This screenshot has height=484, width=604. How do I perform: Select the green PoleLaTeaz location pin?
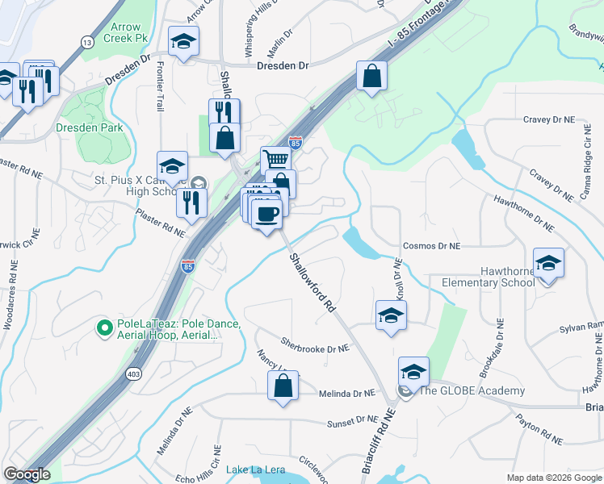coord(103,328)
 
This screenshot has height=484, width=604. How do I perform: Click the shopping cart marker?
coord(275,160)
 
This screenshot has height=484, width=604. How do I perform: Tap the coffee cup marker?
coord(266,215)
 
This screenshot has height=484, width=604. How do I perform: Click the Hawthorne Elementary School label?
coord(488,277)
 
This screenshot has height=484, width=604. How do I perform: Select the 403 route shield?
coord(133,374)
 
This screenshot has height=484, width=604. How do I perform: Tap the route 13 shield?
coord(86,42)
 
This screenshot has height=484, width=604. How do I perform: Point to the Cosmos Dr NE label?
coord(430,245)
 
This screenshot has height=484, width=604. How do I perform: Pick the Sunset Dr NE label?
coord(351,421)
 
